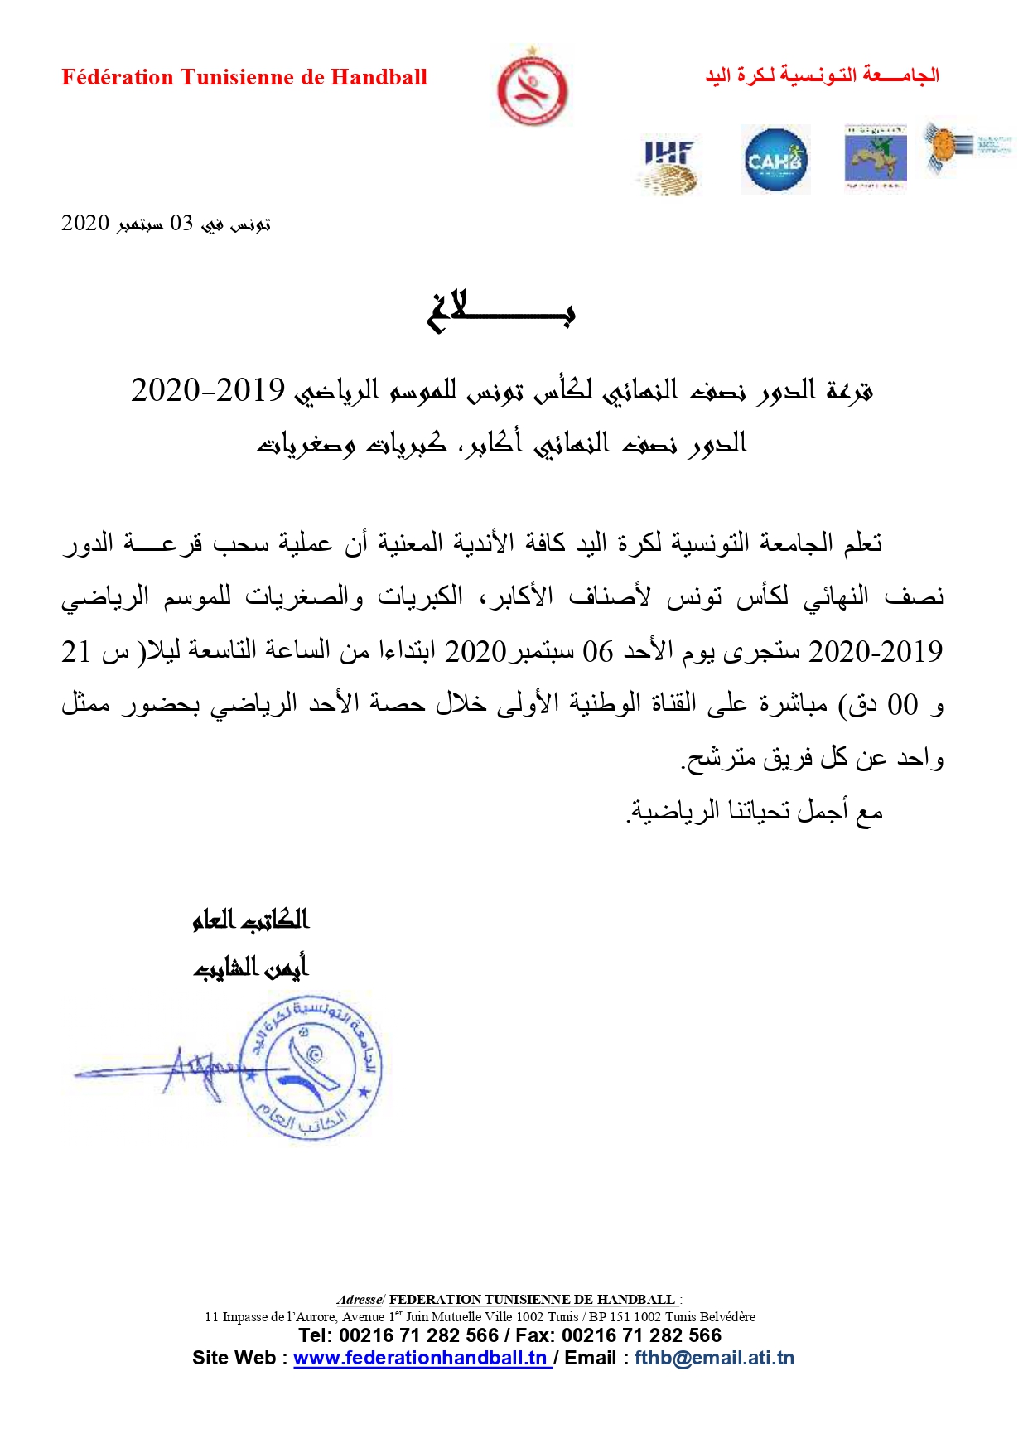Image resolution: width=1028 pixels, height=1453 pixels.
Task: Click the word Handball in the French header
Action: click(x=379, y=77)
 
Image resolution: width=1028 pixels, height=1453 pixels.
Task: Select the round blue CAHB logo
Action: click(x=775, y=160)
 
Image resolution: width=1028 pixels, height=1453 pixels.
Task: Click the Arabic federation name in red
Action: click(x=822, y=75)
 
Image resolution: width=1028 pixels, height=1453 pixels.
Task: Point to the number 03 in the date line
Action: click(x=181, y=224)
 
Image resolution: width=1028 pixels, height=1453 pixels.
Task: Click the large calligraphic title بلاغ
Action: click(x=501, y=312)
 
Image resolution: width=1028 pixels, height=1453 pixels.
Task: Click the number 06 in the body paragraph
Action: click(x=597, y=652)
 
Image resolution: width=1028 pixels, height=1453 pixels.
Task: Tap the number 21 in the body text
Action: click(x=76, y=652)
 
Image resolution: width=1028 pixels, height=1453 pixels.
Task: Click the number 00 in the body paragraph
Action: click(x=903, y=705)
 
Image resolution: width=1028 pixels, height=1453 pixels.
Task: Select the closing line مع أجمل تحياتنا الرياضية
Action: click(x=755, y=812)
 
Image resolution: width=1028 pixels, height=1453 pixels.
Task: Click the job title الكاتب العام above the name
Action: click(x=250, y=920)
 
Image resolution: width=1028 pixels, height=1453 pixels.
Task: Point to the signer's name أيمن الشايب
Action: click(x=250, y=967)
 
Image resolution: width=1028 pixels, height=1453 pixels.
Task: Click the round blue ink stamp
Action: click(x=311, y=1069)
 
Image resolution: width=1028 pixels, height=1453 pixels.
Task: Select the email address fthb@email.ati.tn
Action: click(x=714, y=1358)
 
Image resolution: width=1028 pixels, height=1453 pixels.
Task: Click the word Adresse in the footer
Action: click(x=360, y=1300)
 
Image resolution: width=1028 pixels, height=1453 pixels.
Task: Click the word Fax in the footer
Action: click(x=532, y=1335)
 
